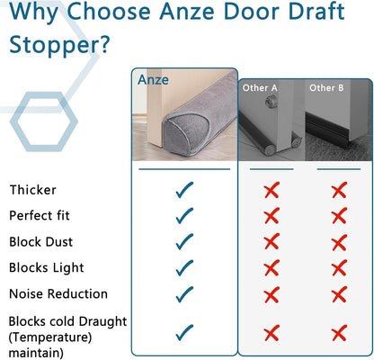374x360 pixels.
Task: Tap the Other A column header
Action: tap(260, 87)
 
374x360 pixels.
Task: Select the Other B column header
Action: tap(326, 87)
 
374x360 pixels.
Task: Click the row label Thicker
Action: tap(32, 190)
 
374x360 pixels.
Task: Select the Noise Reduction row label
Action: tap(58, 293)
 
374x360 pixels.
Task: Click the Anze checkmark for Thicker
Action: tap(184, 190)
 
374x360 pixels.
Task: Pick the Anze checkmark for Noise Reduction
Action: tap(184, 293)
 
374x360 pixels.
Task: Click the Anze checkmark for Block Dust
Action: tap(184, 242)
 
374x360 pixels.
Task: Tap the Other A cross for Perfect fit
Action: tap(271, 216)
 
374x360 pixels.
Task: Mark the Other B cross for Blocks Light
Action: tap(339, 267)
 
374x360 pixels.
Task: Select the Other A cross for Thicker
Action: tap(271, 190)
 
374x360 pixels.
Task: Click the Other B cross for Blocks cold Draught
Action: tap(339, 334)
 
